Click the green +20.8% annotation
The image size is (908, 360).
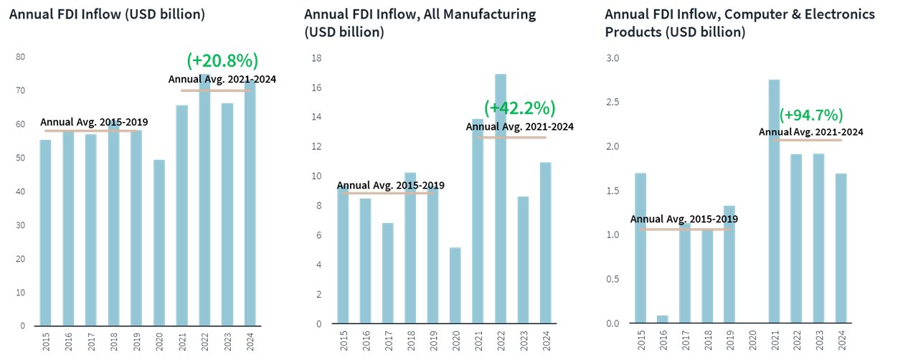tap(222, 60)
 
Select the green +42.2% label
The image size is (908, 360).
tap(520, 108)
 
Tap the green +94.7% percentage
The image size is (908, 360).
tap(811, 115)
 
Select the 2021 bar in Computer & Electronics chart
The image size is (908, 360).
tap(774, 202)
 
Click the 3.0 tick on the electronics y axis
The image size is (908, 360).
tap(612, 57)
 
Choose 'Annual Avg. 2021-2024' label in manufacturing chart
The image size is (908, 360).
tap(520, 127)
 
